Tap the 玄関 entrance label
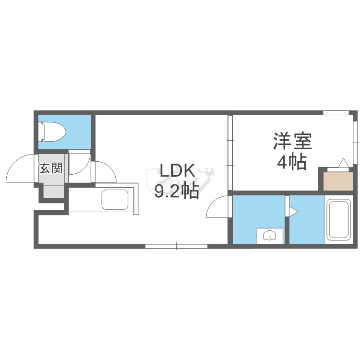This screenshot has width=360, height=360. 50,168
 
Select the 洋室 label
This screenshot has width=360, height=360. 293,142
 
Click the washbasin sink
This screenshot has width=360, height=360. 269,236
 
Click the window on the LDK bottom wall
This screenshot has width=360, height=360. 176,247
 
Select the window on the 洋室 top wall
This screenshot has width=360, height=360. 336,113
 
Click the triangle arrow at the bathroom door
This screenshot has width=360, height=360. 294,210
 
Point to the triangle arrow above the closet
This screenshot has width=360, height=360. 344,163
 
